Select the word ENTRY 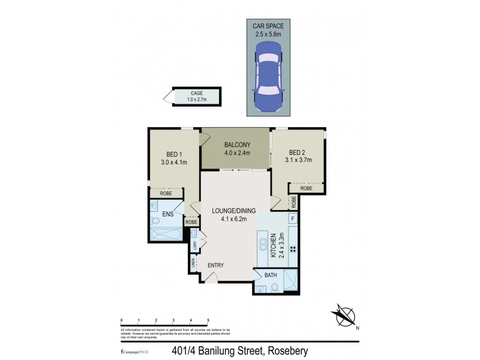tap(216, 265)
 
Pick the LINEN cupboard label tap(193, 263)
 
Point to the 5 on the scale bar tap(208, 320)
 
